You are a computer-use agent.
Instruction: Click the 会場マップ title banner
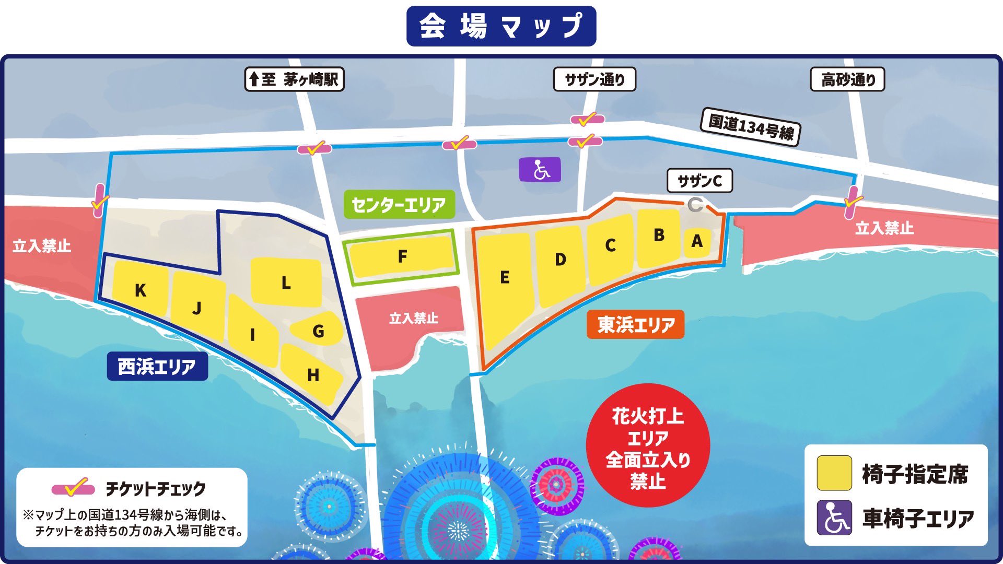[501, 26]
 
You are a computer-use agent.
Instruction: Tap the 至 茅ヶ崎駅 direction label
[294, 79]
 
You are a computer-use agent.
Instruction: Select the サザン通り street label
[594, 79]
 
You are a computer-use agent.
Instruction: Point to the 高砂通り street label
[847, 79]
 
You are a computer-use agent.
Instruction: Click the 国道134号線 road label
[751, 127]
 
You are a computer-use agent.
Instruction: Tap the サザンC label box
[699, 181]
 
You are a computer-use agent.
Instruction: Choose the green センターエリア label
[399, 204]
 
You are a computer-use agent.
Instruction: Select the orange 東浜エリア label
[635, 325]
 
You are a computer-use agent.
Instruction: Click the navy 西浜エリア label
[157, 366]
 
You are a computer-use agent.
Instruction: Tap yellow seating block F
[402, 256]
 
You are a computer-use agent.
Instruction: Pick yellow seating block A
[697, 242]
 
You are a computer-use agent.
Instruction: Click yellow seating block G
[317, 330]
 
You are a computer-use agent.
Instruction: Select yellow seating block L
[286, 283]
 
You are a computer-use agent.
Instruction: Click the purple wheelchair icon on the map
[540, 170]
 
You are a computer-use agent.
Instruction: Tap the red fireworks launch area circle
[648, 445]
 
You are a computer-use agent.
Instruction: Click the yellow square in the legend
[834, 473]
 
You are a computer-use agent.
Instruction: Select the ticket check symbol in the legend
[73, 488]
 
